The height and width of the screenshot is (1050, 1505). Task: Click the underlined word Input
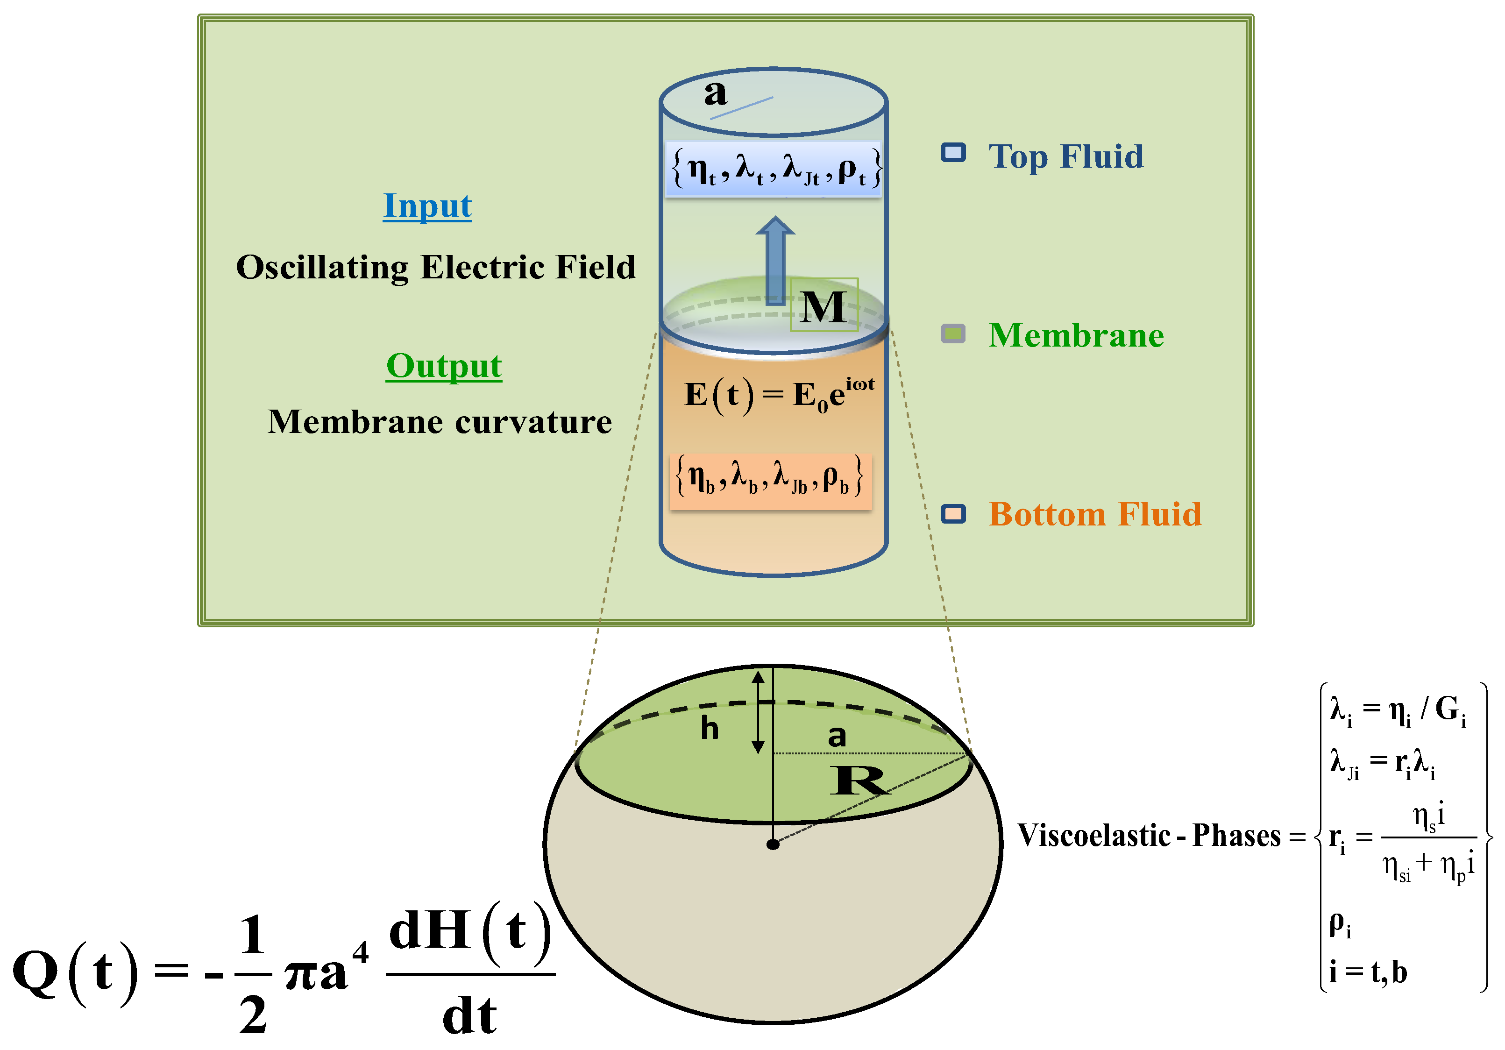(427, 206)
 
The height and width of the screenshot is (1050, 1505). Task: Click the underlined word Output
(444, 366)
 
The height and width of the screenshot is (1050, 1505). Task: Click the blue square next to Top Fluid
(953, 153)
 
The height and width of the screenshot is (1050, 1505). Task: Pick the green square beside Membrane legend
(953, 333)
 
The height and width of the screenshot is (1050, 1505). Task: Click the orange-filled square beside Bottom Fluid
(953, 514)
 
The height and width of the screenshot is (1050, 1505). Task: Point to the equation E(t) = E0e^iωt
(779, 395)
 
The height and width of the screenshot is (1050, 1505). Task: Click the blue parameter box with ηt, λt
(774, 169)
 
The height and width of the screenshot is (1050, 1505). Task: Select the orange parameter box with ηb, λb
(771, 479)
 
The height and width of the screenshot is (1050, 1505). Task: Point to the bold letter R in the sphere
(859, 780)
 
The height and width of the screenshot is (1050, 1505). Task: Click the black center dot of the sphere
(773, 844)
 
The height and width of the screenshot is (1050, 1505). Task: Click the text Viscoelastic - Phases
(1149, 836)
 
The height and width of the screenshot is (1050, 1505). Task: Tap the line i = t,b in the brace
(1367, 972)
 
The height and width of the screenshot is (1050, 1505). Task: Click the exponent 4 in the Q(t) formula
(361, 952)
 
